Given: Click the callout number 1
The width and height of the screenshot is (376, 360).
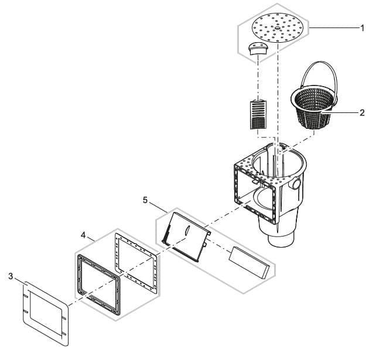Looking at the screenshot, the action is [x=363, y=28].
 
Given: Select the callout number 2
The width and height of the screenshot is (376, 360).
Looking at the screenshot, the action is [x=362, y=112].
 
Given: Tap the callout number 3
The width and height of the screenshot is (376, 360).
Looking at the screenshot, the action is [x=11, y=276].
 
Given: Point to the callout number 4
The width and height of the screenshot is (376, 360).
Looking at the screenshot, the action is [x=83, y=235].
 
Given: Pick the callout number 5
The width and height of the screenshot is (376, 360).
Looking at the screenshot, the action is [x=145, y=200].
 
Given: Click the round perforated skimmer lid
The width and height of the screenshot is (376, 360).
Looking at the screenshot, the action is [x=278, y=28].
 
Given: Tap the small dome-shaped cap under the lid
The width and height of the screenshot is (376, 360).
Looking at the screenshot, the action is [x=258, y=49].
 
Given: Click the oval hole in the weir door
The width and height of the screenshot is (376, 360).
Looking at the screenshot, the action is [x=187, y=230].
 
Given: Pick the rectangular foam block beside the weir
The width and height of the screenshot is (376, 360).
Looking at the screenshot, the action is [x=249, y=263].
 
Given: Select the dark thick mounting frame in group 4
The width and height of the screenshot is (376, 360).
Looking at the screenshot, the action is [x=98, y=284].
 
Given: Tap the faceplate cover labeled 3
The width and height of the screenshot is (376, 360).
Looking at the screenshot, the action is [x=46, y=314].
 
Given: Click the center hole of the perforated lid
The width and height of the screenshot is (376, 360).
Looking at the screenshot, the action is [x=278, y=28].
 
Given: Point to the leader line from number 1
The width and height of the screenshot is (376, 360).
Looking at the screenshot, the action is [x=334, y=28].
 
